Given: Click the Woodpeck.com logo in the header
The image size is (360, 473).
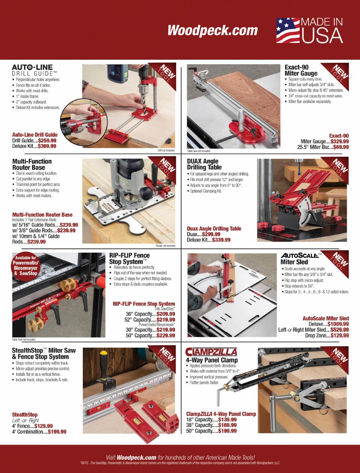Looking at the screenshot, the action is pos(213,30).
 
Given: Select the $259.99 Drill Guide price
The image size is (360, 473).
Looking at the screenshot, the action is pos(47,140).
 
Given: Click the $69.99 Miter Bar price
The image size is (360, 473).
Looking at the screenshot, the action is pos(341,147).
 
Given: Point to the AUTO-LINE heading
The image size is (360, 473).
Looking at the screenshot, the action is pos(32,67).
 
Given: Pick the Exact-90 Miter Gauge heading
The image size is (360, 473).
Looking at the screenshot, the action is pos(301,70).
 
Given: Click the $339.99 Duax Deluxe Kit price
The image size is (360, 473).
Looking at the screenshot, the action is pos(221,240).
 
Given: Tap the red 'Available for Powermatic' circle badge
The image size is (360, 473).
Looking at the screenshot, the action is pos(26,266).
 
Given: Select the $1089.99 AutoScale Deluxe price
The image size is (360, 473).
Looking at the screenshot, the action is pos(338,324).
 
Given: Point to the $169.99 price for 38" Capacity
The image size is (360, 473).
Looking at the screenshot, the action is pos(227,425).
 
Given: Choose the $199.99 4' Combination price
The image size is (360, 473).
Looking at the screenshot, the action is pos(57,432).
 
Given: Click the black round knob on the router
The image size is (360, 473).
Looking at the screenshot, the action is pos(146,191).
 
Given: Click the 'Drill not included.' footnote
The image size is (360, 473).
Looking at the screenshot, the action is pos(166,150).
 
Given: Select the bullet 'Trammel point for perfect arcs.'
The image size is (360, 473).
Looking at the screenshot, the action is pos(38,184).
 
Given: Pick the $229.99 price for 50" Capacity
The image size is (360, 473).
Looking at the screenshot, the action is pos(166,335).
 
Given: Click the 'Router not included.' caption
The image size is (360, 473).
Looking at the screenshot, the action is pos(166,246).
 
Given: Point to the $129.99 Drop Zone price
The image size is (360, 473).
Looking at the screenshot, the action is pos(340,335).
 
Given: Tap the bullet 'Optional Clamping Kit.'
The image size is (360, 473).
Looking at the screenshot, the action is pos(206,191).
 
